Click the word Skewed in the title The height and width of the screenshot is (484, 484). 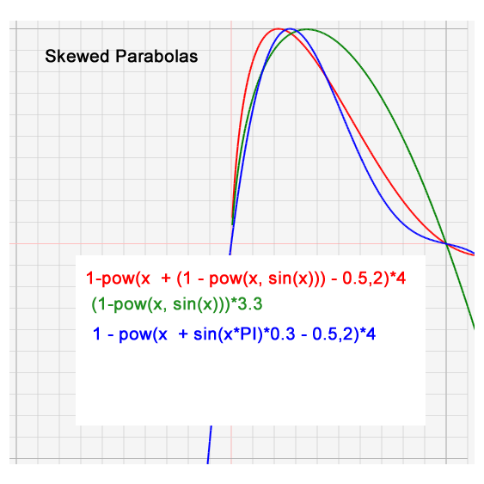pyautogui.click(x=77, y=56)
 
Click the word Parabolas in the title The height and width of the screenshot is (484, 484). pyautogui.click(x=156, y=56)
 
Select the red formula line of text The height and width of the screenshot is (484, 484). pyautogui.click(x=246, y=279)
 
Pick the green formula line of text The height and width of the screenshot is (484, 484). pyautogui.click(x=177, y=304)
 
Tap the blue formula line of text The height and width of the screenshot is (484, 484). pyautogui.click(x=235, y=334)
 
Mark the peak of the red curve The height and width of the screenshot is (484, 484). pyautogui.click(x=278, y=28)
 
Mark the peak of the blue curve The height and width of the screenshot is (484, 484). pyautogui.click(x=291, y=28)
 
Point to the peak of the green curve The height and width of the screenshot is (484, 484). pyautogui.click(x=308, y=29)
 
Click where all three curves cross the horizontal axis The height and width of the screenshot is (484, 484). pyautogui.click(x=445, y=243)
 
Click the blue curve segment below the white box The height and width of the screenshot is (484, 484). pyautogui.click(x=209, y=444)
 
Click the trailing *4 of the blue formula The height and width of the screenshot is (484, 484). pyautogui.click(x=368, y=334)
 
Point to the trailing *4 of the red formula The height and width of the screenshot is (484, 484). pyautogui.click(x=398, y=279)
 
